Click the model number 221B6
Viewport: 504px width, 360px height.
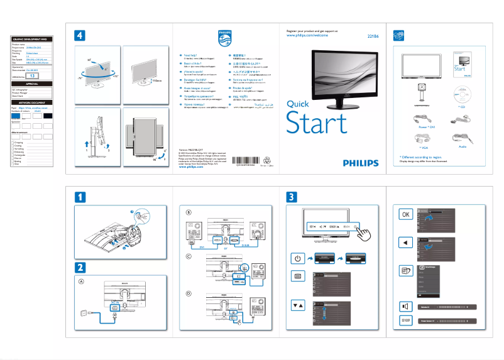372,36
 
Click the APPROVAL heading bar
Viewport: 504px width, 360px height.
32,84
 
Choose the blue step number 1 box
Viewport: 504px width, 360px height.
80,197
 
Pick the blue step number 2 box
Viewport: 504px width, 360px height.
80,266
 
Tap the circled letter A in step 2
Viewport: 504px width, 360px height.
81,281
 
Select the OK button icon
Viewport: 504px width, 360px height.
405,214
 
